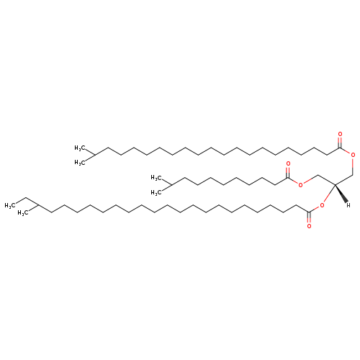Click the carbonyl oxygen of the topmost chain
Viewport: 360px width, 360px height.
(340, 134)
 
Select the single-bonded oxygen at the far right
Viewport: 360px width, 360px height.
(353, 155)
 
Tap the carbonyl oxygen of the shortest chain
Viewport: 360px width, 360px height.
(288, 164)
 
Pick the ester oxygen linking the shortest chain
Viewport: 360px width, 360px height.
(300, 184)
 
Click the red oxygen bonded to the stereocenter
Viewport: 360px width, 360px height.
(322, 205)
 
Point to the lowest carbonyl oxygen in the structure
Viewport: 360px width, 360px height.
(309, 226)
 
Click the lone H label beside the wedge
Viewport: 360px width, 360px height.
(348, 205)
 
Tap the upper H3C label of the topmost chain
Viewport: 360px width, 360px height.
(80, 148)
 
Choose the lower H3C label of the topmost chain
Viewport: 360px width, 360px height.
(80, 163)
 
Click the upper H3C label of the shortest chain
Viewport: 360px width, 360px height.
(156, 178)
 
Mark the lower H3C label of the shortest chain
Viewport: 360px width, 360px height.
(156, 192)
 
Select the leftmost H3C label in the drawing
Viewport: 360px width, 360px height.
(10, 206)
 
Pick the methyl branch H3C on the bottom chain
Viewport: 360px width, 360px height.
(23, 213)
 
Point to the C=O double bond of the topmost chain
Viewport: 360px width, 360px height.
(340, 143)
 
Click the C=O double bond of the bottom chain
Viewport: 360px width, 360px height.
(309, 217)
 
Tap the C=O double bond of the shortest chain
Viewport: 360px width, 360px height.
(288, 172)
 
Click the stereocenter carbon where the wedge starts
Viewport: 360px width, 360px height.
(335, 184)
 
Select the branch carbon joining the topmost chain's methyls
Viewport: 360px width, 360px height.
(94, 156)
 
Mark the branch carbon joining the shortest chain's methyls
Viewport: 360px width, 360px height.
(171, 185)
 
